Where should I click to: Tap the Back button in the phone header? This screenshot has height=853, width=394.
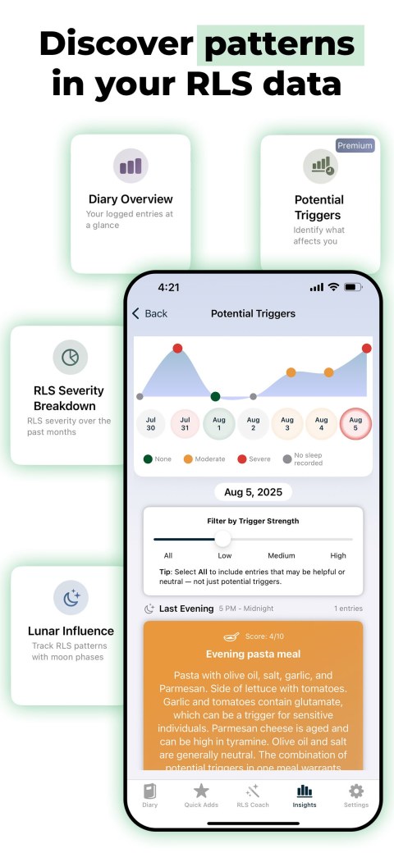[149, 313]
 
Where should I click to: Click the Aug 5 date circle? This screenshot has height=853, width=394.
[355, 424]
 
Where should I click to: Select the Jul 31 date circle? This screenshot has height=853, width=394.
[185, 424]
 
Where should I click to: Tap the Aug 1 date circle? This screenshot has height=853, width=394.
[219, 424]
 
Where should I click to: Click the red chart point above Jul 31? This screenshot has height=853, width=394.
[177, 349]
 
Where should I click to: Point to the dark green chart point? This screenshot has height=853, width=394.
[215, 396]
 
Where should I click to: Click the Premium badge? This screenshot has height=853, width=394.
[355, 146]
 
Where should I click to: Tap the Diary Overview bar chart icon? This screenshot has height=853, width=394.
[131, 166]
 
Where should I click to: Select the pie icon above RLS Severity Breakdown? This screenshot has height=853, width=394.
[70, 357]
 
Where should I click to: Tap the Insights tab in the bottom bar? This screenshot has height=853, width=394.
[305, 795]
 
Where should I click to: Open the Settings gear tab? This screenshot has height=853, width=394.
[355, 795]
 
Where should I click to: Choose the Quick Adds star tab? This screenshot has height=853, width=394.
[201, 795]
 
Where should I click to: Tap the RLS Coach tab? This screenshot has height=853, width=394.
[253, 795]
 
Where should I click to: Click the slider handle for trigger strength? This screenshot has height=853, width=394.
[222, 539]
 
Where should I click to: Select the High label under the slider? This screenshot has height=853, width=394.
[338, 555]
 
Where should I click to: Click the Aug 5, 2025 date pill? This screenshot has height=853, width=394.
[253, 492]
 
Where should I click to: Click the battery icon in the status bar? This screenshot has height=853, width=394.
[353, 287]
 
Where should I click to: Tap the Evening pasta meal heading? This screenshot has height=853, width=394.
[253, 654]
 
